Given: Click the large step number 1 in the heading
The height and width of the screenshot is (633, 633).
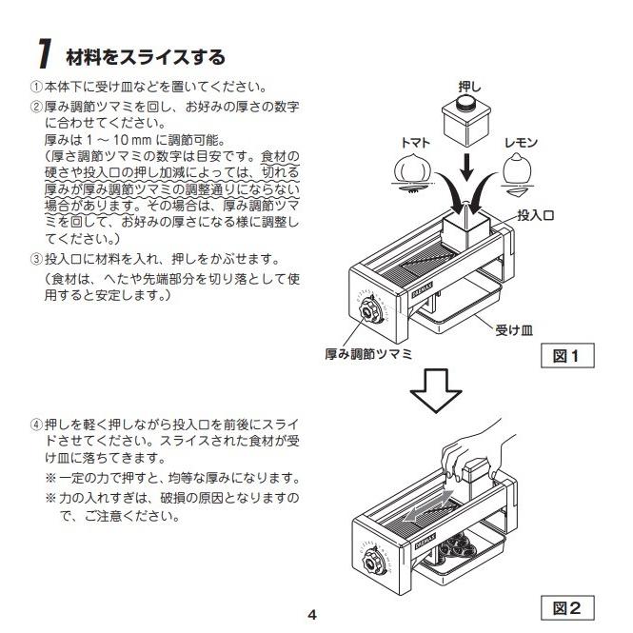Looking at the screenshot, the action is [x=45, y=53].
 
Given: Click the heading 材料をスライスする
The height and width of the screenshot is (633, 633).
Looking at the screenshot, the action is [x=146, y=57].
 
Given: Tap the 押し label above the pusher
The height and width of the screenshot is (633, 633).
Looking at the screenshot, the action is [x=469, y=88].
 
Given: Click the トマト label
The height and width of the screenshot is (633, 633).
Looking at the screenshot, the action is [x=415, y=143].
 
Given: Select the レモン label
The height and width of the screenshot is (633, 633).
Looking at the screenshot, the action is [x=522, y=143].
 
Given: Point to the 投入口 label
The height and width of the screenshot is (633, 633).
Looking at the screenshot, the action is [x=535, y=215].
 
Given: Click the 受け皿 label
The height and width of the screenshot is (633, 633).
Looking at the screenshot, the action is [x=514, y=330].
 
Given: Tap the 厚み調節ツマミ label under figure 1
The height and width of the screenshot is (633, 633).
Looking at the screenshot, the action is [x=368, y=354].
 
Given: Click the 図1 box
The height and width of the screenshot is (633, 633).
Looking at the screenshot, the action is [x=567, y=355].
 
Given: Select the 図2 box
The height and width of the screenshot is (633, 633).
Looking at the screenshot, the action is [x=567, y=607].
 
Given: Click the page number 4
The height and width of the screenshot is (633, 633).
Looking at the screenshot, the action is [x=312, y=615].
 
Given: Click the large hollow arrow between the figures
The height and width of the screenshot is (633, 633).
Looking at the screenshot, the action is [x=436, y=390].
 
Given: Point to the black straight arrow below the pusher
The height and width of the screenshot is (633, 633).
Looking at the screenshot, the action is [x=467, y=167].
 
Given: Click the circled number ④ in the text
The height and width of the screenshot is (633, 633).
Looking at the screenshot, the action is [x=36, y=425].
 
